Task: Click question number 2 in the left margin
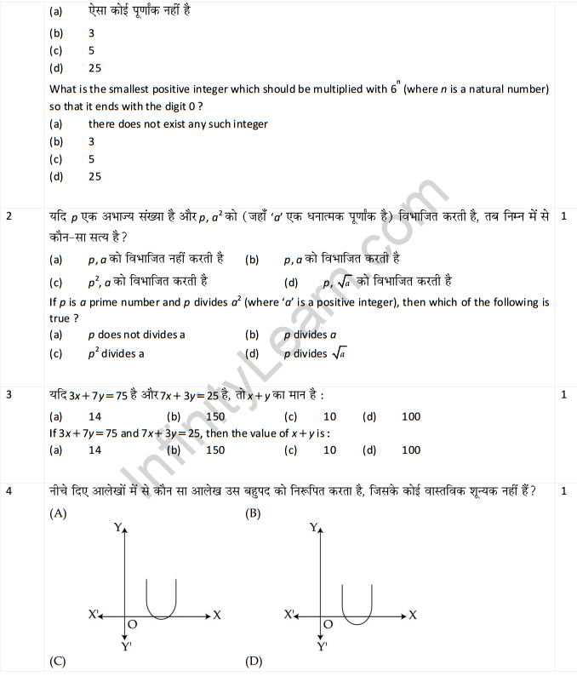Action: pyautogui.click(x=9, y=217)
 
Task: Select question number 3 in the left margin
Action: pyautogui.click(x=9, y=395)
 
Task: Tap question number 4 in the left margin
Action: pyautogui.click(x=9, y=491)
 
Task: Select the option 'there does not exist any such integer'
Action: pyautogui.click(x=178, y=124)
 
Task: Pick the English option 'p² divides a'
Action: pyautogui.click(x=116, y=353)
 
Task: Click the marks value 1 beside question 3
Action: pyautogui.click(x=564, y=395)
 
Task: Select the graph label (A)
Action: pyautogui.click(x=59, y=513)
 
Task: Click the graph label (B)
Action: pyautogui.click(x=253, y=513)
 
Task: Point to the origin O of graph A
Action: pyautogui.click(x=132, y=624)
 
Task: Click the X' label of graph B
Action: pyautogui.click(x=290, y=614)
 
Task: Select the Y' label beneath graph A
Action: pyautogui.click(x=126, y=646)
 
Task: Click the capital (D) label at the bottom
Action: pyautogui.click(x=253, y=661)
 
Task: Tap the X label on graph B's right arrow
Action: pyautogui.click(x=413, y=614)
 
